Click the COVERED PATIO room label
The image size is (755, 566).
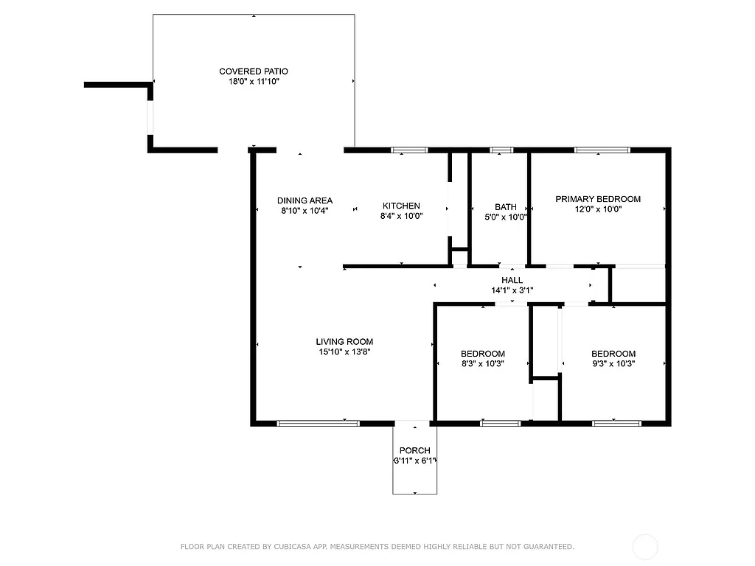coord(254,71)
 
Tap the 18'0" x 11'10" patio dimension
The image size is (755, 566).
coord(254,81)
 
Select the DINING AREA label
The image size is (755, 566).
coord(305,200)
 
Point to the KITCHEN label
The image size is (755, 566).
coord(401,206)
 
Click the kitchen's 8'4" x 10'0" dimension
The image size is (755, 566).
coord(401,217)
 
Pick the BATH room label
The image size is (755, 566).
coord(506,207)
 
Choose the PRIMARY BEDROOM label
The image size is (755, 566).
coord(598,199)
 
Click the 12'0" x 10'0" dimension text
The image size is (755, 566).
coord(598,209)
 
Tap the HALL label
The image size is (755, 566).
coord(512,280)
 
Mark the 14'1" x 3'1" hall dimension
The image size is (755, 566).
coord(512,290)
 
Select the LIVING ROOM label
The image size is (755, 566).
coord(344,341)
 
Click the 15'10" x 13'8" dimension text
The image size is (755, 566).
coord(344,352)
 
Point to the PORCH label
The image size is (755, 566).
coord(414,450)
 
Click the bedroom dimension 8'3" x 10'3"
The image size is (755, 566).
coord(483,363)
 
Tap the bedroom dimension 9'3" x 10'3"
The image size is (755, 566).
coord(613,363)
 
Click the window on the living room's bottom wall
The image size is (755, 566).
coord(318,423)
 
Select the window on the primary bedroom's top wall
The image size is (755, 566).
coord(602,150)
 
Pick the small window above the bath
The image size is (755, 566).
coord(501,150)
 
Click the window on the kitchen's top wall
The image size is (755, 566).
coord(409,150)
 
